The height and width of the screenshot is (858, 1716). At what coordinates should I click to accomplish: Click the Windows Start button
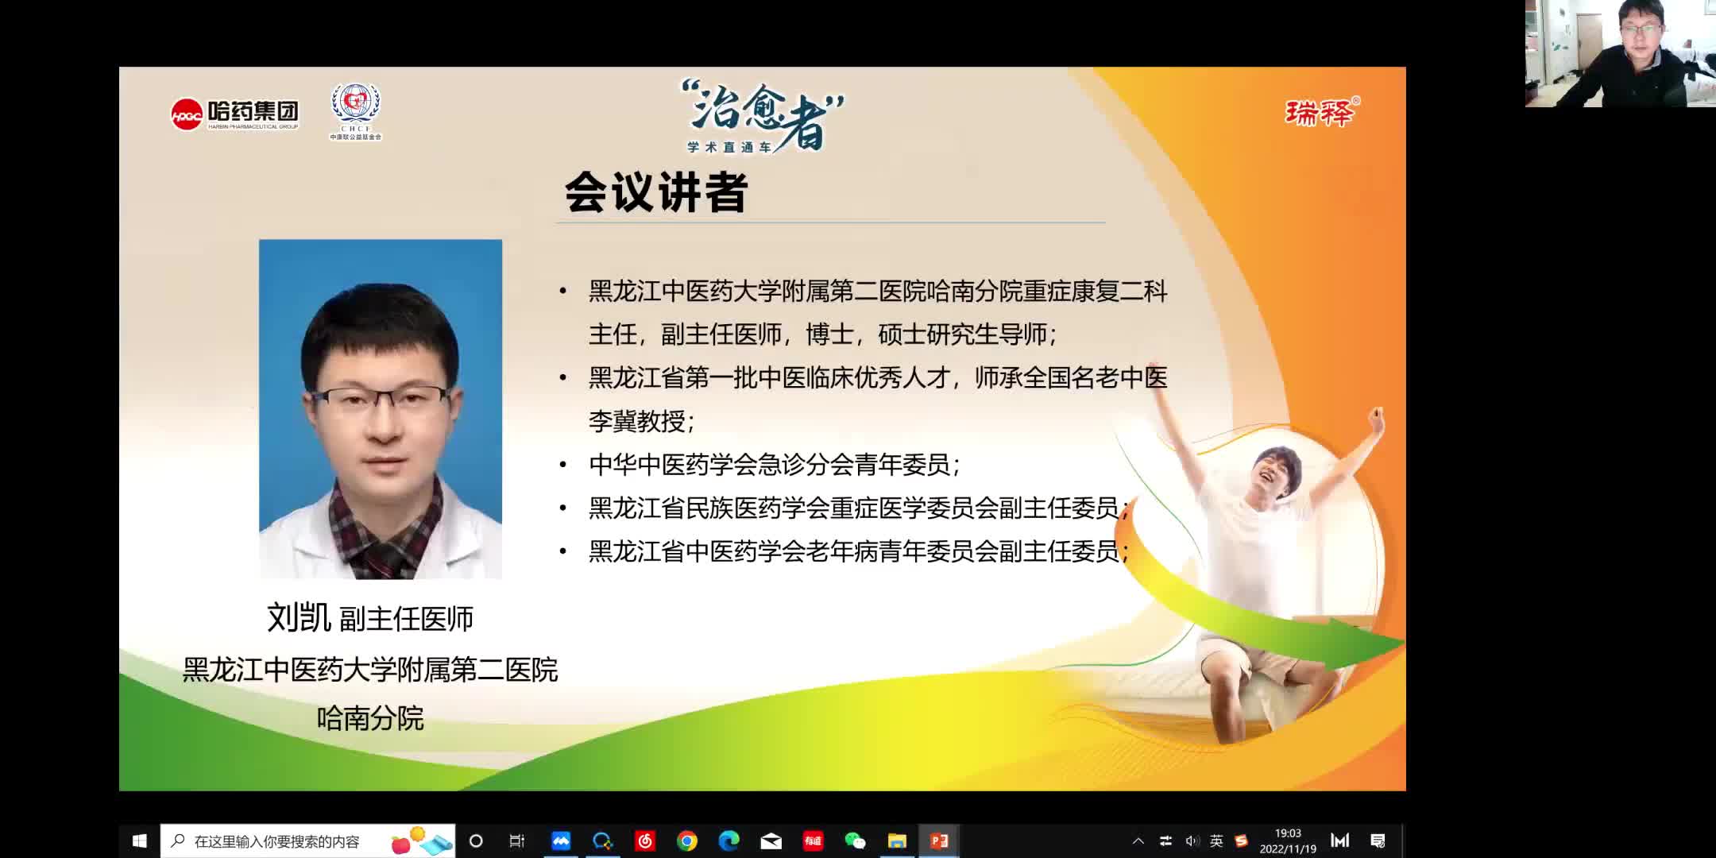pos(140,841)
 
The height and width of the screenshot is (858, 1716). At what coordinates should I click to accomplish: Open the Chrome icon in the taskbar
pos(687,841)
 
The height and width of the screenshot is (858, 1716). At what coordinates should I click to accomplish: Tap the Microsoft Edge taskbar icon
pos(729,841)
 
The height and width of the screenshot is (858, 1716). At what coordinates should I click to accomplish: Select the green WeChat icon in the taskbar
pos(855,841)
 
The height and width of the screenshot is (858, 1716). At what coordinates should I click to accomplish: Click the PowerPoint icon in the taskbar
pos(939,841)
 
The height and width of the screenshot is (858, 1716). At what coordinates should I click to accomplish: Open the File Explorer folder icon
pos(897,841)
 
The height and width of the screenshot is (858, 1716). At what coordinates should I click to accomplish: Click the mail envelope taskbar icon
pos(771,841)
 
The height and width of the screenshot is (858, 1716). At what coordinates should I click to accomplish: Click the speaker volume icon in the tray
pos(1192,841)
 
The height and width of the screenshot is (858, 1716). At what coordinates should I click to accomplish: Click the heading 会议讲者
pos(656,192)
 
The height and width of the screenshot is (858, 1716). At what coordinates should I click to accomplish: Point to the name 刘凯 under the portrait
pos(299,618)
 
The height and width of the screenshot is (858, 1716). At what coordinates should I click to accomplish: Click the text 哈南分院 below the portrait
pos(370,718)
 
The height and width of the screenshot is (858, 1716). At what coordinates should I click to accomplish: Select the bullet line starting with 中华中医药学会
pos(775,465)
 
